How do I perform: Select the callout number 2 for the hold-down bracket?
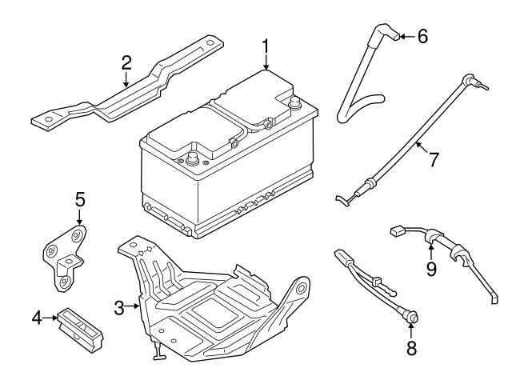pyautogui.click(x=126, y=62)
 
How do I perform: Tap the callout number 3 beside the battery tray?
pyautogui.click(x=118, y=306)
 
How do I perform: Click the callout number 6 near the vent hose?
pyautogui.click(x=422, y=36)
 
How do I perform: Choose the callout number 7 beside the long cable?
pyautogui.click(x=433, y=159)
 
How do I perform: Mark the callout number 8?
pyautogui.click(x=412, y=348)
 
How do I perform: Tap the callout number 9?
pyautogui.click(x=431, y=270)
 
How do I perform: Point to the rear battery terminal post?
pyautogui.click(x=293, y=102)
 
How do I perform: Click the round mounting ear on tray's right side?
pyautogui.click(x=302, y=286)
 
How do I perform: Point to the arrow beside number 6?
pyautogui.click(x=404, y=36)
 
